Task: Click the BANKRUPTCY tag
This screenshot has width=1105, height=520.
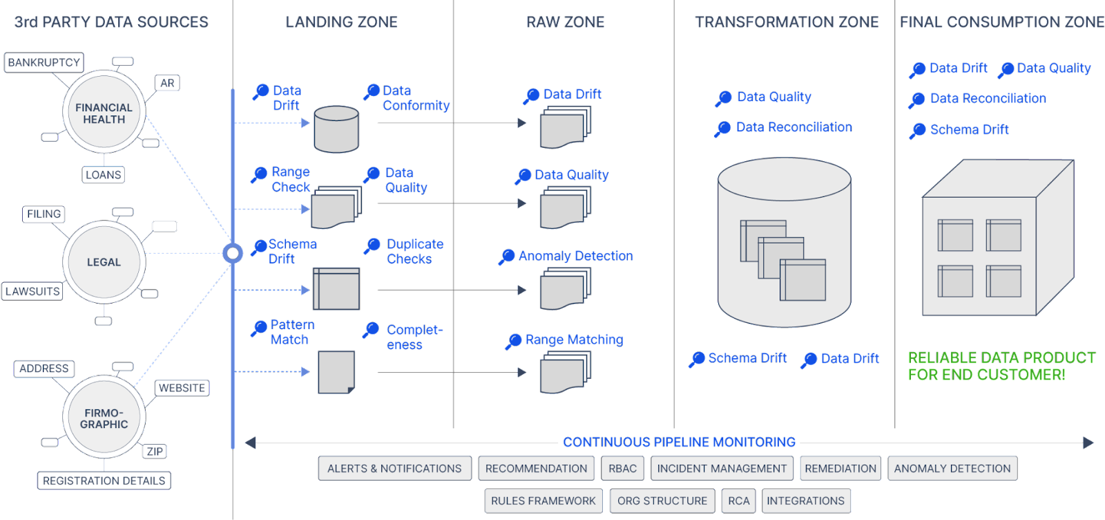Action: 44,62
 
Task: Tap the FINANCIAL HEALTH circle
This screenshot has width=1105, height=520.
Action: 104,113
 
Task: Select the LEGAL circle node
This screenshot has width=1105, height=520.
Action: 104,262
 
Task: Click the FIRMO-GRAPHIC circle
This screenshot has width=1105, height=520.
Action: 104,418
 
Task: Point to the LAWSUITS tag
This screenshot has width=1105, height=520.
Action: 32,291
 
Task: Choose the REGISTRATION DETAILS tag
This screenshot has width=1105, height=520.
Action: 104,481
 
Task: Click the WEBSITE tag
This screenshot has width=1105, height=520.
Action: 182,388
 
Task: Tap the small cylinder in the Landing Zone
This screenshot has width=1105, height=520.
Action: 336,129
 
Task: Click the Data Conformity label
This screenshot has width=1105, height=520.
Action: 416,98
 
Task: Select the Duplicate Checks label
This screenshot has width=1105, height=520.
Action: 414,251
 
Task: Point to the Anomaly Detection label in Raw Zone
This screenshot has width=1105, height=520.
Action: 575,256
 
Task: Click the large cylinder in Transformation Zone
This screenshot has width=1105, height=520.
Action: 784,242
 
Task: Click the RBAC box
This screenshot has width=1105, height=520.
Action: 622,468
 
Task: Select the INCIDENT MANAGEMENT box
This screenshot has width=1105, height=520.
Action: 722,468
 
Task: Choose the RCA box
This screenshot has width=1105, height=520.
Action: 738,501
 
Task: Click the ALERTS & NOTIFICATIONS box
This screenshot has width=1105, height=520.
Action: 394,468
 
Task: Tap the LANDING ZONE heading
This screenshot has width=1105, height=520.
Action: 342,22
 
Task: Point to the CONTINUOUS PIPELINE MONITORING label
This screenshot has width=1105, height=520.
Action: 679,442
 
